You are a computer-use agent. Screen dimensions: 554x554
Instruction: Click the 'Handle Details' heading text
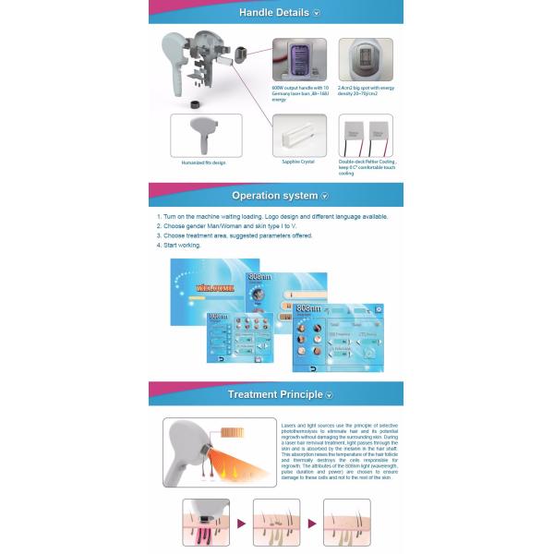(274, 13)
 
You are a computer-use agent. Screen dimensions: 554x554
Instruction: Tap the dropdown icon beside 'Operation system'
(324, 196)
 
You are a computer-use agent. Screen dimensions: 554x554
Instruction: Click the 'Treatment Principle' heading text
(275, 394)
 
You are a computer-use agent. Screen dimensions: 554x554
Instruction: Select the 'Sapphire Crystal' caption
(298, 162)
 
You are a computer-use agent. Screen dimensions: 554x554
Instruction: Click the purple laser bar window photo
(299, 61)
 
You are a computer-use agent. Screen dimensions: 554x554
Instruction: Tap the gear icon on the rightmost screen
(379, 308)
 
